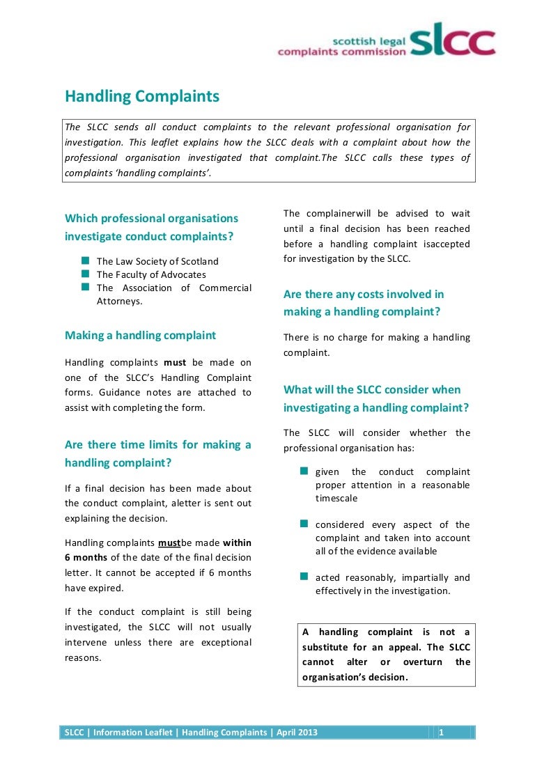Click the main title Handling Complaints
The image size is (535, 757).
coord(142,96)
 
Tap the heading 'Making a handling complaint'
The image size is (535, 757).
coord(140,335)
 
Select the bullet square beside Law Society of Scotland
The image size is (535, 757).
coord(85,260)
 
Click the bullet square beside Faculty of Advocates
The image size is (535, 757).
coord(85,274)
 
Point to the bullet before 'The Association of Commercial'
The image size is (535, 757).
coord(85,287)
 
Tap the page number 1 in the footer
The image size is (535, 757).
coord(442,732)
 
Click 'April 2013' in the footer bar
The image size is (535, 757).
coord(297,732)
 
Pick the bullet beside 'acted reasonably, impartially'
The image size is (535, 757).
coord(304,577)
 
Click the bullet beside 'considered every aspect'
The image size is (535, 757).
coord(304,524)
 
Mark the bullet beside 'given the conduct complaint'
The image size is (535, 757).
coord(304,471)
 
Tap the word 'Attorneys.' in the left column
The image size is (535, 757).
coord(119,301)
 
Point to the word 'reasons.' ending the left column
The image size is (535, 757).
coord(83,657)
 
